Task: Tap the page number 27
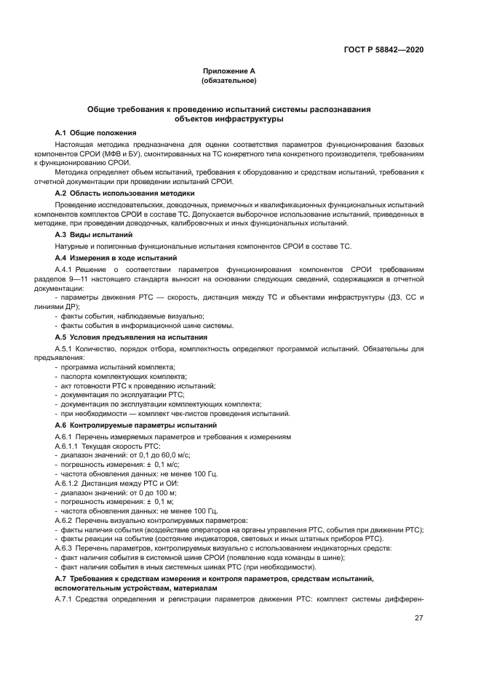coord(419,618)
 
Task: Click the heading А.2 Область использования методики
coord(124,193)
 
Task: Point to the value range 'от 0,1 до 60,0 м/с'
coord(143,455)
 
